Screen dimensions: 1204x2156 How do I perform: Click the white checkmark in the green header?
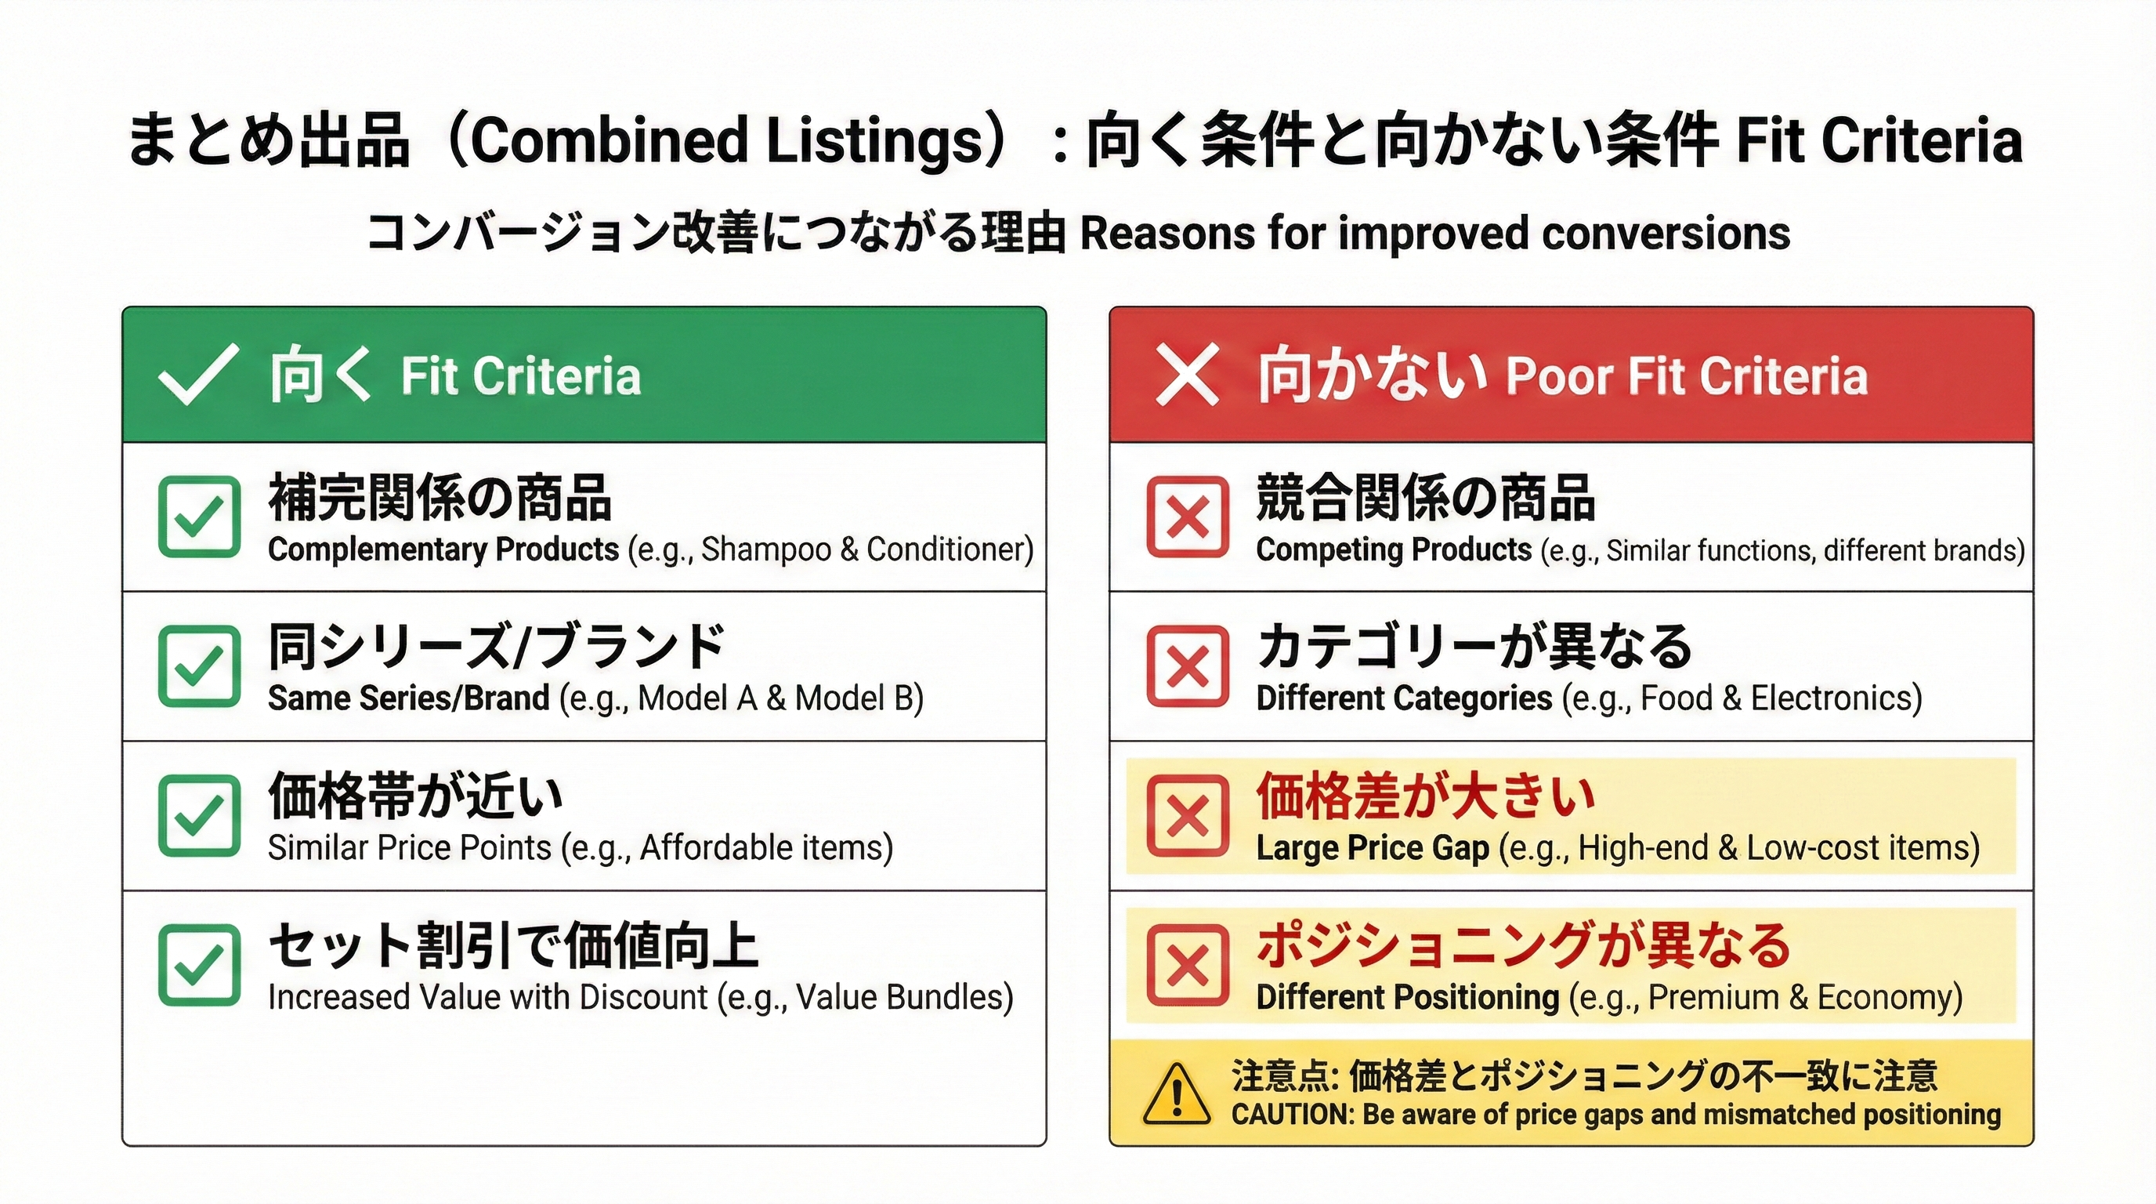197,375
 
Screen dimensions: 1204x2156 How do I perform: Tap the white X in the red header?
1187,375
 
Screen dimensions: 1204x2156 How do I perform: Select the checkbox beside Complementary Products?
199,517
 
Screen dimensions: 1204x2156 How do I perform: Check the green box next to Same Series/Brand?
199,666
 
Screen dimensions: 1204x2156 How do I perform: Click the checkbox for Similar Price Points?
199,815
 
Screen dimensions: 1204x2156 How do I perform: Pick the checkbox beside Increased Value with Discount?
199,965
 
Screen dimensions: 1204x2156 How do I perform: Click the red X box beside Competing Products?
1188,517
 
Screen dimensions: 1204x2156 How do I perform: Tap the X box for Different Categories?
1188,666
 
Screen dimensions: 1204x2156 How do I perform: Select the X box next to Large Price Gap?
1188,815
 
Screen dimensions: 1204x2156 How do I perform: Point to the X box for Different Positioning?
1188,965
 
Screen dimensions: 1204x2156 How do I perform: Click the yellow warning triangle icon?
1177,1094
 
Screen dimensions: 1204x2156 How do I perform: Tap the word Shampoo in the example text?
767,550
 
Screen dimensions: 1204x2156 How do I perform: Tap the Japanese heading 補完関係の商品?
440,496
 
